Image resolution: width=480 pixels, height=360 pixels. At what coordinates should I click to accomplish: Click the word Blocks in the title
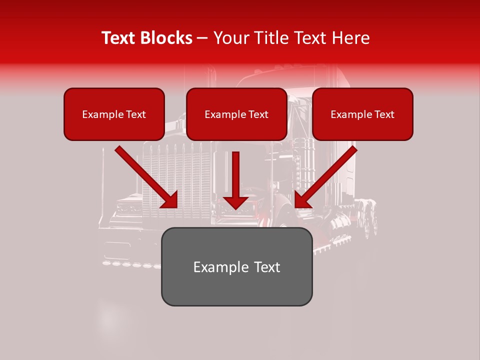[x=167, y=38]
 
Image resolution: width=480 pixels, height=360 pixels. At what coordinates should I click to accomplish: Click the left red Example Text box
[x=114, y=114]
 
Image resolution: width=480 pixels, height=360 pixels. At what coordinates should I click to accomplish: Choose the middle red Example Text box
[x=236, y=114]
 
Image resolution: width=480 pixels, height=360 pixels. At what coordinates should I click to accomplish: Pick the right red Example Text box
[x=362, y=114]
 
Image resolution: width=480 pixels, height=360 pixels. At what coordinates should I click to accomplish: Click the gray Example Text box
[x=236, y=266]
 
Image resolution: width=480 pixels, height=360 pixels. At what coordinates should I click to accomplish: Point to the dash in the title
[x=202, y=38]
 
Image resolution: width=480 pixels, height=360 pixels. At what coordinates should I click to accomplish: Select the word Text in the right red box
[x=383, y=114]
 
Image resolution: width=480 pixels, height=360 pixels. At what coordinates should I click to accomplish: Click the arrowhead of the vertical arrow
[x=235, y=201]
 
